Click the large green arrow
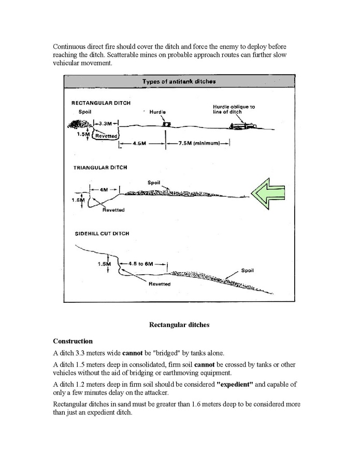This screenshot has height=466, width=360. click(x=269, y=193)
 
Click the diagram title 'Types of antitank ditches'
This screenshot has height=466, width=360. click(x=179, y=81)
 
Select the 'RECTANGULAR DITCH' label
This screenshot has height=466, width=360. click(x=100, y=103)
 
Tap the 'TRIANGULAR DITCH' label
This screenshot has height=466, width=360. click(x=100, y=167)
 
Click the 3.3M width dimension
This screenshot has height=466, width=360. click(x=105, y=124)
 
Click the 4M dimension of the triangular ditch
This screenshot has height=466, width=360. click(x=104, y=190)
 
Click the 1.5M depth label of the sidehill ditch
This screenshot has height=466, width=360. click(x=104, y=264)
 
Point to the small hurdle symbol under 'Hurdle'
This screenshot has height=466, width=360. click(x=166, y=124)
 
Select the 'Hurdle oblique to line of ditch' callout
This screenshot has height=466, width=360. click(x=234, y=109)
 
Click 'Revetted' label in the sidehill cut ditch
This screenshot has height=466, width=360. click(x=159, y=284)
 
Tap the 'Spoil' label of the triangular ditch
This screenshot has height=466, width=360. click(x=154, y=182)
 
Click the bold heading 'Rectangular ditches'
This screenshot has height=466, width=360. click(x=179, y=325)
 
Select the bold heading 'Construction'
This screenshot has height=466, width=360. click(x=73, y=341)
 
